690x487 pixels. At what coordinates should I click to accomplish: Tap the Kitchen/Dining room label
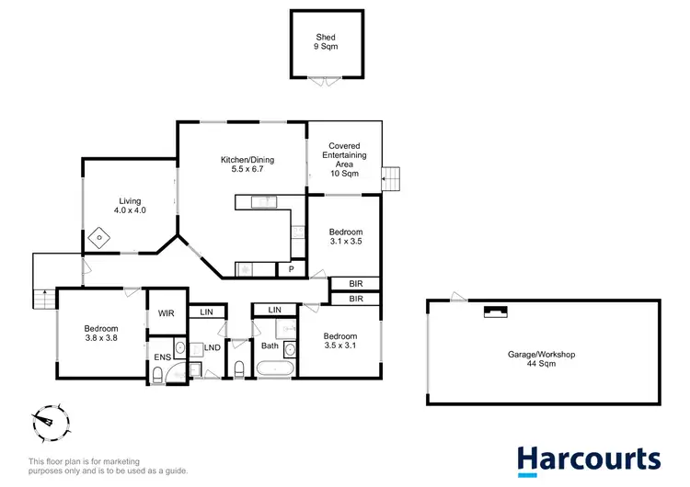click(x=247, y=164)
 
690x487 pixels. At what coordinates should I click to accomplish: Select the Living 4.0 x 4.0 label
click(x=130, y=205)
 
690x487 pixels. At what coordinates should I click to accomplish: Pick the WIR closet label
click(x=167, y=312)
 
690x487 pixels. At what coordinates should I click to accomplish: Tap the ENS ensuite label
click(x=162, y=357)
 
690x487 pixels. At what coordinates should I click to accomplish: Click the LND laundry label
click(x=212, y=347)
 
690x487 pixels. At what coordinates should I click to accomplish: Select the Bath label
click(x=270, y=346)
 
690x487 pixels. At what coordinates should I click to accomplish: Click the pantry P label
click(x=291, y=269)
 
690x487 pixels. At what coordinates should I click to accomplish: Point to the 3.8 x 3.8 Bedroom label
click(x=101, y=334)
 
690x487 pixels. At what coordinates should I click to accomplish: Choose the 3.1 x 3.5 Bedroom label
click(x=347, y=236)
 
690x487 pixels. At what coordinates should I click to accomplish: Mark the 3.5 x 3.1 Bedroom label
click(x=339, y=343)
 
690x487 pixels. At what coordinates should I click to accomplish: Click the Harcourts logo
click(x=589, y=459)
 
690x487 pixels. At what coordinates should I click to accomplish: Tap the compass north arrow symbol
click(x=45, y=424)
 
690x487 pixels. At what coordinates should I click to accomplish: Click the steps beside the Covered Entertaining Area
click(x=392, y=177)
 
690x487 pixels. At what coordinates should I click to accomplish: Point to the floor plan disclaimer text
click(x=108, y=466)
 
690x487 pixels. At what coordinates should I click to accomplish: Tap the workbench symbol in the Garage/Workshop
click(x=495, y=311)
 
